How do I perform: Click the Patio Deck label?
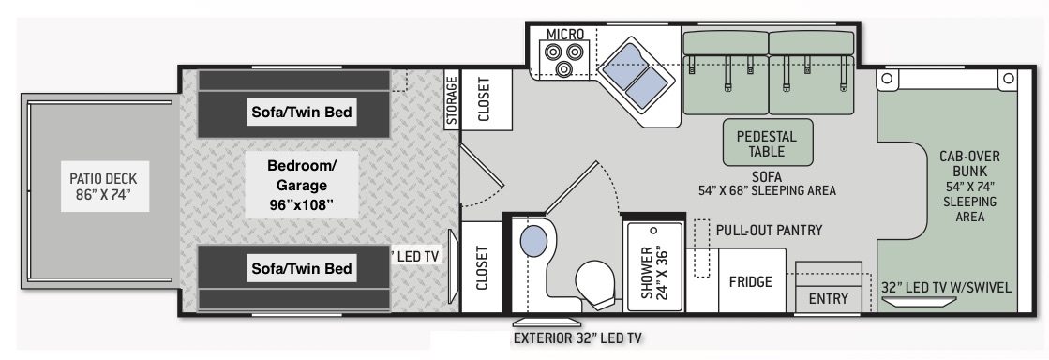[x=104, y=187]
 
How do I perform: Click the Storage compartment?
[x=452, y=99]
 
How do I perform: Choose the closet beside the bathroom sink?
[x=482, y=268]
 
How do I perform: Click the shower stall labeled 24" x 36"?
[x=653, y=267]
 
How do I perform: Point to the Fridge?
[x=751, y=281]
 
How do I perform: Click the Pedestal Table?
[x=767, y=142]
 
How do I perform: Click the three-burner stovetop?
[x=564, y=58]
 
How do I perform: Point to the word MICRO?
[x=565, y=34]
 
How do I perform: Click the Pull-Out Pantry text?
[x=770, y=231]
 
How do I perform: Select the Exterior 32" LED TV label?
[x=577, y=337]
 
